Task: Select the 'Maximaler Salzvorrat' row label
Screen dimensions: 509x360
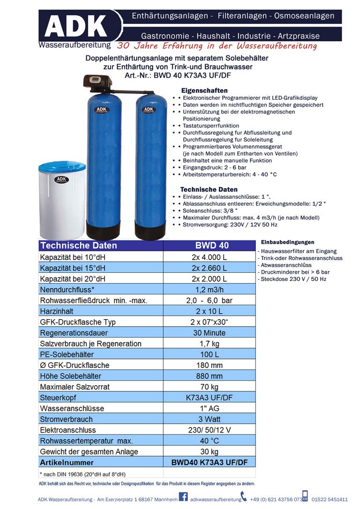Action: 75,387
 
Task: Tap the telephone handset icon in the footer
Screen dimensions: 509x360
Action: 243,496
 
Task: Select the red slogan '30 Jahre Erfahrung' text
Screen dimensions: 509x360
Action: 217,46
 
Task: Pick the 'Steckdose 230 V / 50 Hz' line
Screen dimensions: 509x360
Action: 292,279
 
